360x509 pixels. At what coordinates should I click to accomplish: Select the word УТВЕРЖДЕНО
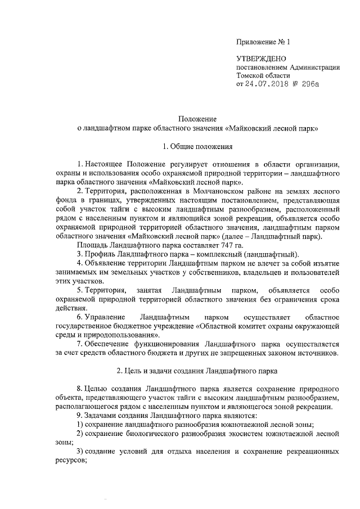261,58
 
